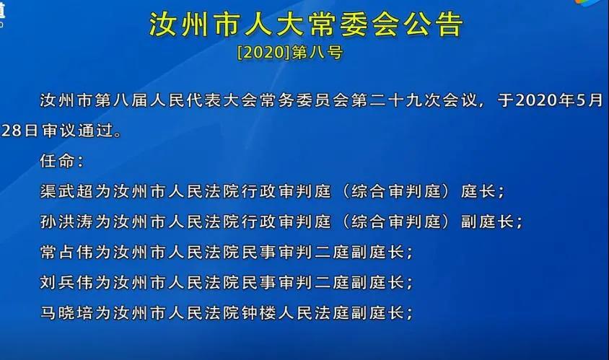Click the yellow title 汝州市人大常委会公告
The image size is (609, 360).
point(306,24)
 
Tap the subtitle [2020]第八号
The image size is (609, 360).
point(290,53)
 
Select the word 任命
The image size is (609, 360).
point(57,160)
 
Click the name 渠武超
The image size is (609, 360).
point(67,191)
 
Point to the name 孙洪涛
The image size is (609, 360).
point(67,221)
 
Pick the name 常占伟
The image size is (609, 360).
point(67,253)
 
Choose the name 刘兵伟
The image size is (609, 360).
point(67,283)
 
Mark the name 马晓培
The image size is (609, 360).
point(67,313)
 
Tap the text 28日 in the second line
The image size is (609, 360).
point(19,131)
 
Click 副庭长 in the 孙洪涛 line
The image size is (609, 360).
point(487,221)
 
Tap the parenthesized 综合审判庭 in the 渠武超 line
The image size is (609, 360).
point(395,191)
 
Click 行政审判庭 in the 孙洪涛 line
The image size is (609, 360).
point(286,221)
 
